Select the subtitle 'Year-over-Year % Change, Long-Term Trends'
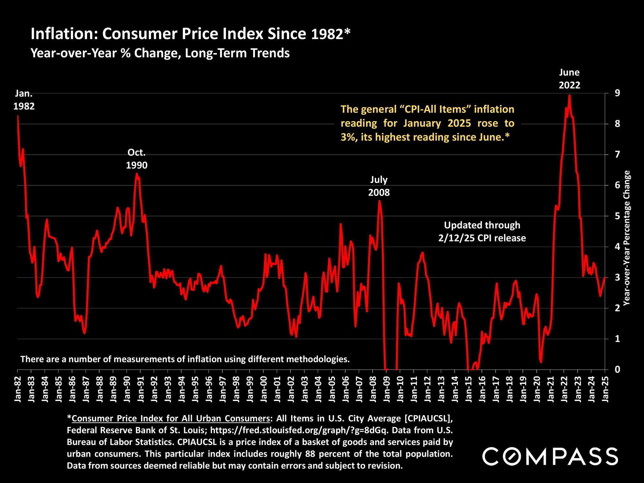tap(160, 53)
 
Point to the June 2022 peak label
tap(569, 79)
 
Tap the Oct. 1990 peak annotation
tap(137, 158)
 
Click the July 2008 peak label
tap(379, 186)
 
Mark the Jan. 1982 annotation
tap(24, 100)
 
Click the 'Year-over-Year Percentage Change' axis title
tap(627, 238)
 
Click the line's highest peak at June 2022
tap(569, 95)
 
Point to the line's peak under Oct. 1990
tap(137, 174)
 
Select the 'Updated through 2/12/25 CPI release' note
tap(482, 232)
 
